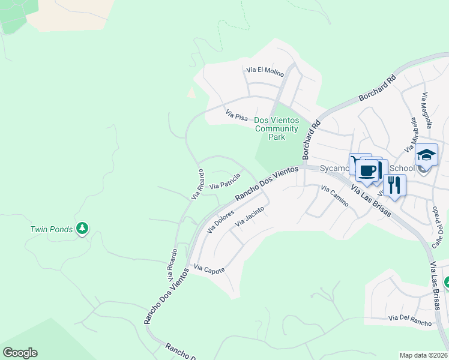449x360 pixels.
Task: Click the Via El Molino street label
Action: coord(265,70)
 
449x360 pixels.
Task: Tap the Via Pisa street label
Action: coord(237,115)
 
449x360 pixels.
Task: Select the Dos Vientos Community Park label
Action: coord(276,128)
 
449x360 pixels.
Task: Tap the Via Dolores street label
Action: coord(220,222)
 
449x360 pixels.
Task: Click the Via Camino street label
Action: coord(334,196)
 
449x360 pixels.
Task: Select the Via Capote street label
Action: coord(209,270)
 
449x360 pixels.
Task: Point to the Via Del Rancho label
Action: coord(410,321)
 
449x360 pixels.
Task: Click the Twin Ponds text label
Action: coord(52,229)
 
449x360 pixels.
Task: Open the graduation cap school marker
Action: coord(426,155)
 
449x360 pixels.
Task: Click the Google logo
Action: coord(20,353)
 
